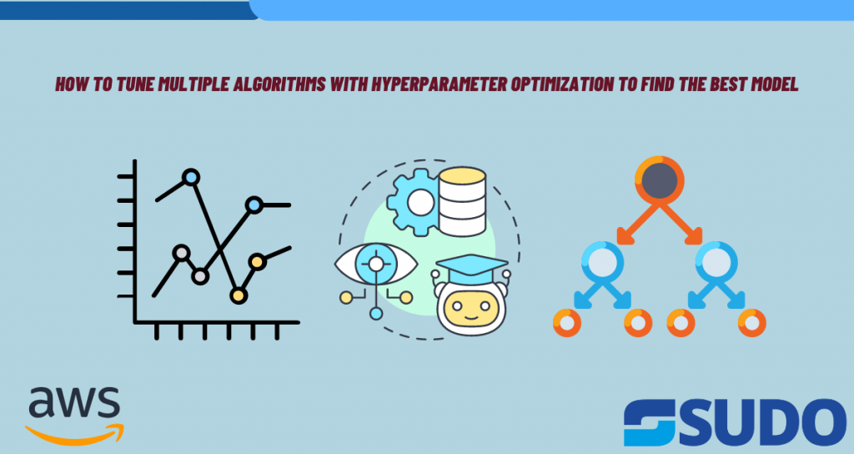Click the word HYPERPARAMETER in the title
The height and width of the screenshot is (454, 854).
(x=439, y=84)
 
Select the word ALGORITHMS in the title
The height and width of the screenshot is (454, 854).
(x=279, y=84)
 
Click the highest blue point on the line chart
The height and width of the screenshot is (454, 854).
(x=191, y=177)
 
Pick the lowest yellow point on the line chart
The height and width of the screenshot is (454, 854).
(x=238, y=296)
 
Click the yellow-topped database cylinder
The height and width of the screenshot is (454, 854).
(x=462, y=202)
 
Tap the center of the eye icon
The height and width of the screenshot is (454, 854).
(x=376, y=265)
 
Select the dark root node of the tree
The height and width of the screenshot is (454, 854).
(x=660, y=181)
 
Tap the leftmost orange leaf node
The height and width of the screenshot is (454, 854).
(x=567, y=323)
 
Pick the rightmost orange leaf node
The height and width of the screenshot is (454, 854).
(x=752, y=323)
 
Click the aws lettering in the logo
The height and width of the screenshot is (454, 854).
(x=74, y=402)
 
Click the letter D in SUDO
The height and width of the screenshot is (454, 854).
(x=765, y=421)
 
